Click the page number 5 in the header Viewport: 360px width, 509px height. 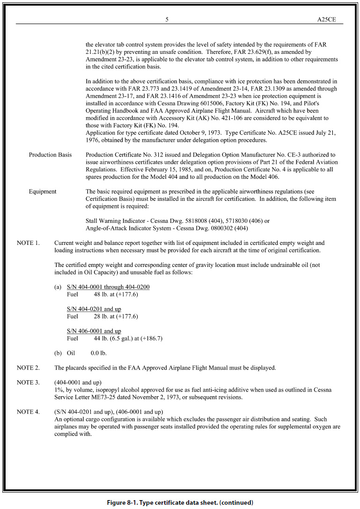[167, 20]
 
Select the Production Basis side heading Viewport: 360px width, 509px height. [51, 155]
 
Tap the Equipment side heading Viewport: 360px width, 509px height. [43, 192]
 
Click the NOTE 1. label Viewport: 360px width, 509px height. [28, 243]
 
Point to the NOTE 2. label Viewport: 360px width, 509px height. [28, 368]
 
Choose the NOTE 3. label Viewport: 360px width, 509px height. [28, 383]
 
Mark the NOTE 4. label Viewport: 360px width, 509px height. [28, 412]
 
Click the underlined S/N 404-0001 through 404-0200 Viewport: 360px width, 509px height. [108, 287]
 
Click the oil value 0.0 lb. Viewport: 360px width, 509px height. [98, 353]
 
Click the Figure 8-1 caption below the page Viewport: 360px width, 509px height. [179, 502]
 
